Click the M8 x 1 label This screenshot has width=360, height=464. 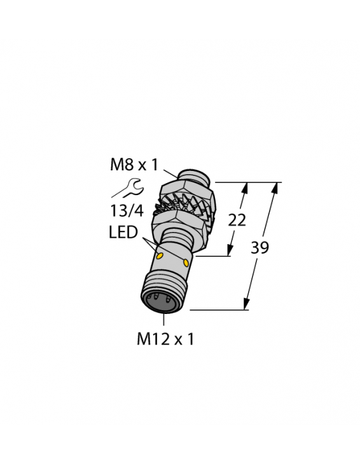pos(133,165)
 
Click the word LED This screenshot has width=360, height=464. pos(123,233)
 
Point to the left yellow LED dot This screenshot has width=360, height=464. pos(160,256)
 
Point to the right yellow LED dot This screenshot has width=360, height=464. pos(186,261)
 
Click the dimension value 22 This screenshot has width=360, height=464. pos(237,220)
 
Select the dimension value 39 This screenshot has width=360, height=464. pos(260,247)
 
